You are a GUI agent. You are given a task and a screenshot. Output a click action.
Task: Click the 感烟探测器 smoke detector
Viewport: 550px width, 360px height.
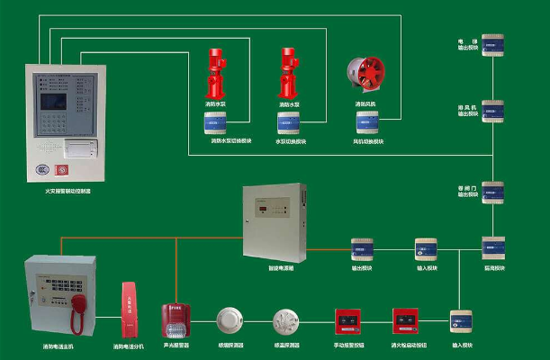click(x=230, y=321)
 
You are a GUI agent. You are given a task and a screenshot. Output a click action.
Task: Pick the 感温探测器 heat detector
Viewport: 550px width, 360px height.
click(x=286, y=321)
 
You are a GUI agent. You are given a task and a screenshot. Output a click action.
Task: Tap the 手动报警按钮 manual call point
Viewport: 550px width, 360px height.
click(x=347, y=321)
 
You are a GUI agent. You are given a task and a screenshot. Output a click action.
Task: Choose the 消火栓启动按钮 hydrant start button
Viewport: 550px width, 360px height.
click(x=404, y=321)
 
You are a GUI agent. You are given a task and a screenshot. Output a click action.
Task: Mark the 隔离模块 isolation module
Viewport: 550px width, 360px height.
click(x=493, y=247)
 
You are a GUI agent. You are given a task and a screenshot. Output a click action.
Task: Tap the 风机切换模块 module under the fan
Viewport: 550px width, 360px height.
click(x=366, y=123)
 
